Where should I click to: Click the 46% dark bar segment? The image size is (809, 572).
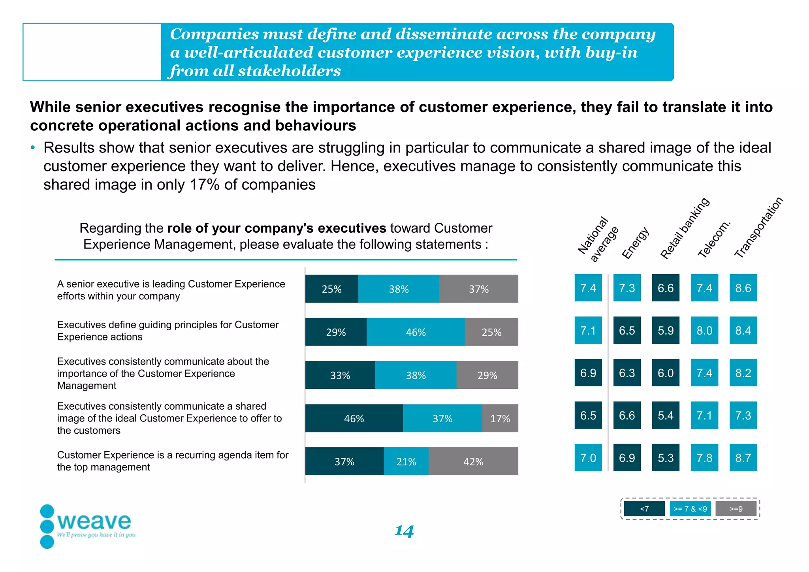(x=354, y=418)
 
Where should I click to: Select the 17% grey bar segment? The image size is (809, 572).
(x=500, y=418)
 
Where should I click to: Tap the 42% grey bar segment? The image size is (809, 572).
(x=473, y=461)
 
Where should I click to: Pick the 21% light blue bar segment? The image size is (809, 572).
(x=406, y=461)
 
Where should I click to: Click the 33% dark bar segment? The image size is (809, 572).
(x=340, y=375)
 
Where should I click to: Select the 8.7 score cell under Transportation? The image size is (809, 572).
(x=743, y=458)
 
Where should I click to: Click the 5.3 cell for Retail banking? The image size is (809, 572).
(x=666, y=458)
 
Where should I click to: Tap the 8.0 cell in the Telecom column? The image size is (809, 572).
(x=704, y=330)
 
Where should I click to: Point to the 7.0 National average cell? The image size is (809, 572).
(x=588, y=458)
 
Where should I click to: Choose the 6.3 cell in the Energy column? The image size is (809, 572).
(x=627, y=373)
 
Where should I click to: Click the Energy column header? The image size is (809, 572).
(x=635, y=243)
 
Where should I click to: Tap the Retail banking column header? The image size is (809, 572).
(x=685, y=228)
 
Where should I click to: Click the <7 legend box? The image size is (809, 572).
(x=644, y=509)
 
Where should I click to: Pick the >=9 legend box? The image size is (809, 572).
(x=736, y=509)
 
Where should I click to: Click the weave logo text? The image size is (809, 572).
(x=94, y=521)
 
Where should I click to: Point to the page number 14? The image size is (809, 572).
(x=404, y=531)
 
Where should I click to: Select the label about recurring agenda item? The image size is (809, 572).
(x=173, y=461)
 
